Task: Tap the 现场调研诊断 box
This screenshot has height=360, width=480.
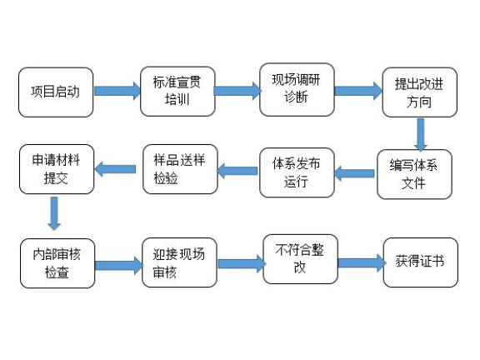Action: tap(297, 87)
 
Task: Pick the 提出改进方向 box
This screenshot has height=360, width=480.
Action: tap(419, 92)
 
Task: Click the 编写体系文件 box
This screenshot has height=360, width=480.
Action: tap(414, 173)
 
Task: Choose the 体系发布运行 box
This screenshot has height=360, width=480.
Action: tap(297, 172)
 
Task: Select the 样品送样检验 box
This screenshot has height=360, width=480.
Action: tap(178, 169)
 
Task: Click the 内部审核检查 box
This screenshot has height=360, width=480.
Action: tap(57, 263)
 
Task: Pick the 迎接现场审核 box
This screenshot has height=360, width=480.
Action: tap(178, 263)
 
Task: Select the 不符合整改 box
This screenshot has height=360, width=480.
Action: tap(299, 258)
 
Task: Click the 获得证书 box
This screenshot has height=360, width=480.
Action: tap(420, 262)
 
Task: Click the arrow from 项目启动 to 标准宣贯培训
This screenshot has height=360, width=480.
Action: tap(117, 91)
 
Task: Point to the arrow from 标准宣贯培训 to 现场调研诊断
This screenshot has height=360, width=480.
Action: tap(237, 89)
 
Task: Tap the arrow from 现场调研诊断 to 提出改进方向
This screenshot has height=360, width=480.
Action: tap(358, 91)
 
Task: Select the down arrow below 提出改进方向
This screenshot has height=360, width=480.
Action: tap(421, 134)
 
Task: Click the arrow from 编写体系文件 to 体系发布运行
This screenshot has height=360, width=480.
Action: tap(354, 173)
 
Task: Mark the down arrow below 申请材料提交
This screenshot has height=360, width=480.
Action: tap(55, 212)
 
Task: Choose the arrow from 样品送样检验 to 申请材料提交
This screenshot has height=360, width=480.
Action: tap(115, 169)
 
